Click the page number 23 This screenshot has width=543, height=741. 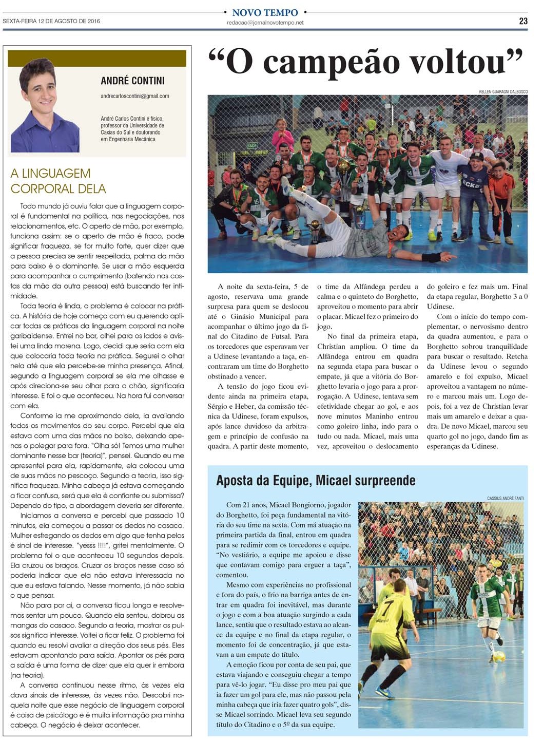click(x=523, y=21)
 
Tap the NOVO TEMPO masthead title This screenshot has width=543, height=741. click(x=265, y=12)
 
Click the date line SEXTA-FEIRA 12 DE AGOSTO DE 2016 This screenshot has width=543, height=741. click(x=51, y=21)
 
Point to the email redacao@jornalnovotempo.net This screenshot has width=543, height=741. click(x=265, y=23)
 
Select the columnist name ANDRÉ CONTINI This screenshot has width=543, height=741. click(x=132, y=81)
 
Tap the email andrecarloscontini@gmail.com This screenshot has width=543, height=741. click(x=135, y=96)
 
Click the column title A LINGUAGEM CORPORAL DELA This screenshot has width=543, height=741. click(x=58, y=181)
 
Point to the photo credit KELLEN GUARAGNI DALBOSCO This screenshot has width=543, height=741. click(x=502, y=92)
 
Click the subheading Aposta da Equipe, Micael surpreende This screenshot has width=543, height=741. click(x=316, y=481)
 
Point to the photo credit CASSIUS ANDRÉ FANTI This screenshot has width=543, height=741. click(x=505, y=499)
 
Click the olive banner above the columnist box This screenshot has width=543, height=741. click(x=97, y=59)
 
